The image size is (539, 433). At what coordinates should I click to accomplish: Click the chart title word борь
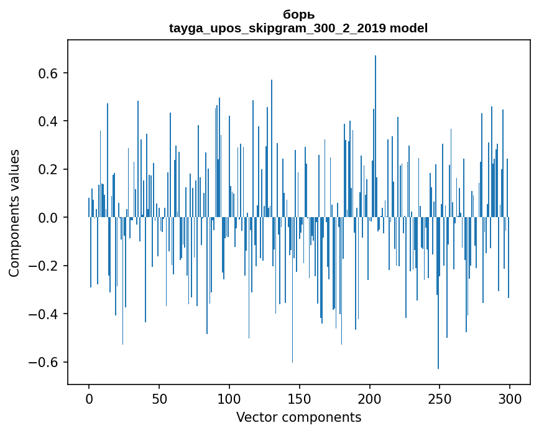[x=298, y=15]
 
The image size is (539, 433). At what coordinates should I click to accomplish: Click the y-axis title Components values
[x=14, y=213]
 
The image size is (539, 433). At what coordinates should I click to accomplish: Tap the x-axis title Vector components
[x=298, y=417]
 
